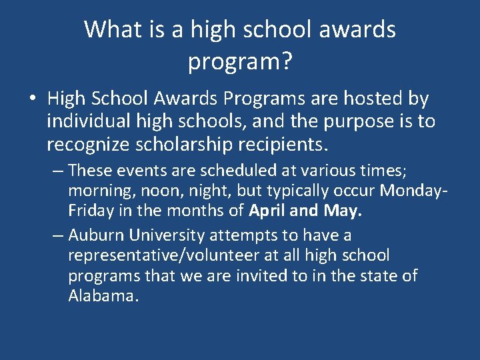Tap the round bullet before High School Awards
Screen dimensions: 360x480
click(32, 100)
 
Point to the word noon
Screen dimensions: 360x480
click(157, 191)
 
